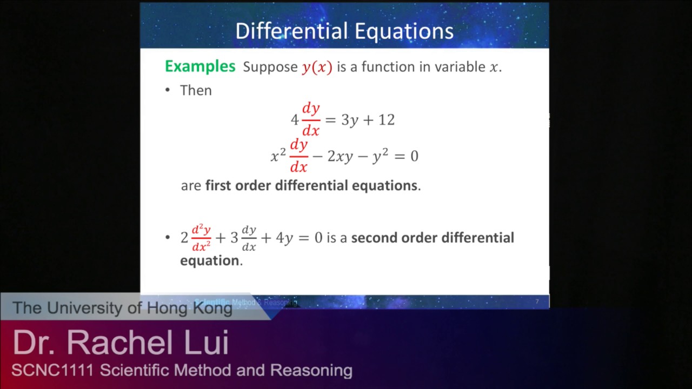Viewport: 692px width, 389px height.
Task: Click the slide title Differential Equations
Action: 344,31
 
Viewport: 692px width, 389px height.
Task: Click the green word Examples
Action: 200,66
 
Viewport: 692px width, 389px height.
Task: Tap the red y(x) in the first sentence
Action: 317,68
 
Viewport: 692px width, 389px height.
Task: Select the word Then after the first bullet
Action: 196,90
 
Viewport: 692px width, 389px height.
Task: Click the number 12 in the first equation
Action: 386,120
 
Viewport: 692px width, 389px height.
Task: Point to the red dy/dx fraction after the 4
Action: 311,119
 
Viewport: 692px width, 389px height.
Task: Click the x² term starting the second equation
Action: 278,156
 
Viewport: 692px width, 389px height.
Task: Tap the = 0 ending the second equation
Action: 406,156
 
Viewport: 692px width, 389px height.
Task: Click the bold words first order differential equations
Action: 311,185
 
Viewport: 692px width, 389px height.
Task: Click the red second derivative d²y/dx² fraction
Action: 201,238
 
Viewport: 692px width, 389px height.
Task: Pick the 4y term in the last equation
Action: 284,238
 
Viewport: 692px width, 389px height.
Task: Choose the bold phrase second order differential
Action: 432,238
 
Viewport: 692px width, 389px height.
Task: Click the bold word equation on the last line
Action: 209,260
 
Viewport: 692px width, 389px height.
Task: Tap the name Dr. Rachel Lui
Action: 121,343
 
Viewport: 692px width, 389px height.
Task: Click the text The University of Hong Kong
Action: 122,308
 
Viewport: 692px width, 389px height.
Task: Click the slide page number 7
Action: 537,301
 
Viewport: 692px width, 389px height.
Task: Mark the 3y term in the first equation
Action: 350,120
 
